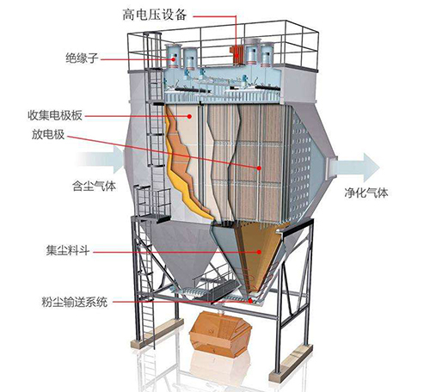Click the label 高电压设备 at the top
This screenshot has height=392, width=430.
click(155, 15)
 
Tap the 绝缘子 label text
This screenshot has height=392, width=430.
click(82, 58)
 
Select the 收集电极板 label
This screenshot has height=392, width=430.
click(55, 115)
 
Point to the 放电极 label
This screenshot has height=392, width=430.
click(48, 134)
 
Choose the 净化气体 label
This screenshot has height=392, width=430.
click(366, 193)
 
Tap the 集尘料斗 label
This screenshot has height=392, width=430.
click(68, 251)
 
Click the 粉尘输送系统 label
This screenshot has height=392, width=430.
click(75, 302)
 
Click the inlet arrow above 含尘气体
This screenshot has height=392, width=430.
click(101, 160)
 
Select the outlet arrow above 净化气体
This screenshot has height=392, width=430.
click(355, 168)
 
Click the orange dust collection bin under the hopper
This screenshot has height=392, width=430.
click(220, 334)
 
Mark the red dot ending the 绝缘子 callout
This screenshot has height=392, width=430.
click(174, 59)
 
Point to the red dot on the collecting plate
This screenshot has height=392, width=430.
click(189, 116)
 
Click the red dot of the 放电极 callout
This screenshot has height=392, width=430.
click(259, 168)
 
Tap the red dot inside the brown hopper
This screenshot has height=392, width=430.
click(259, 252)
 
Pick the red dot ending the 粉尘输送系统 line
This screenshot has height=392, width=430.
click(250, 301)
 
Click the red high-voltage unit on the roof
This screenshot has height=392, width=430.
click(236, 54)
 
